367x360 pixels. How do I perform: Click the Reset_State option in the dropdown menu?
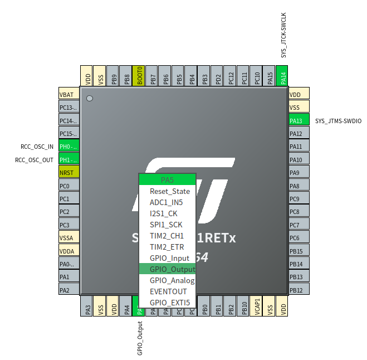pyautogui.click(x=169, y=191)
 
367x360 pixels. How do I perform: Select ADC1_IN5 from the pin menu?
pyautogui.click(x=166, y=202)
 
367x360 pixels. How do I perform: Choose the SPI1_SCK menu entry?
pyautogui.click(x=166, y=225)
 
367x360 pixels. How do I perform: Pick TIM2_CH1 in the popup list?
pyautogui.click(x=167, y=236)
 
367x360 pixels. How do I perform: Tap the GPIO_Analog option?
pyautogui.click(x=172, y=280)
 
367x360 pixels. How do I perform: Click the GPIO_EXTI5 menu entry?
pyautogui.click(x=170, y=303)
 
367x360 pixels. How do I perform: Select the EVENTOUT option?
pyautogui.click(x=168, y=291)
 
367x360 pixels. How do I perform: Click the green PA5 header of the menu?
pyautogui.click(x=167, y=180)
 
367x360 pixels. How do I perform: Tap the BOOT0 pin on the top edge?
pyautogui.click(x=140, y=76)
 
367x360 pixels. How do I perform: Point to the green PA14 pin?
pyautogui.click(x=282, y=76)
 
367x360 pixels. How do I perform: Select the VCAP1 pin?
pyautogui.click(x=257, y=307)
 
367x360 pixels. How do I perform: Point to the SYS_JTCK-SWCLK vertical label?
pyautogui.click(x=283, y=35)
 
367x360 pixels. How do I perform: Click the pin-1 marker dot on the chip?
pyautogui.click(x=89, y=99)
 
